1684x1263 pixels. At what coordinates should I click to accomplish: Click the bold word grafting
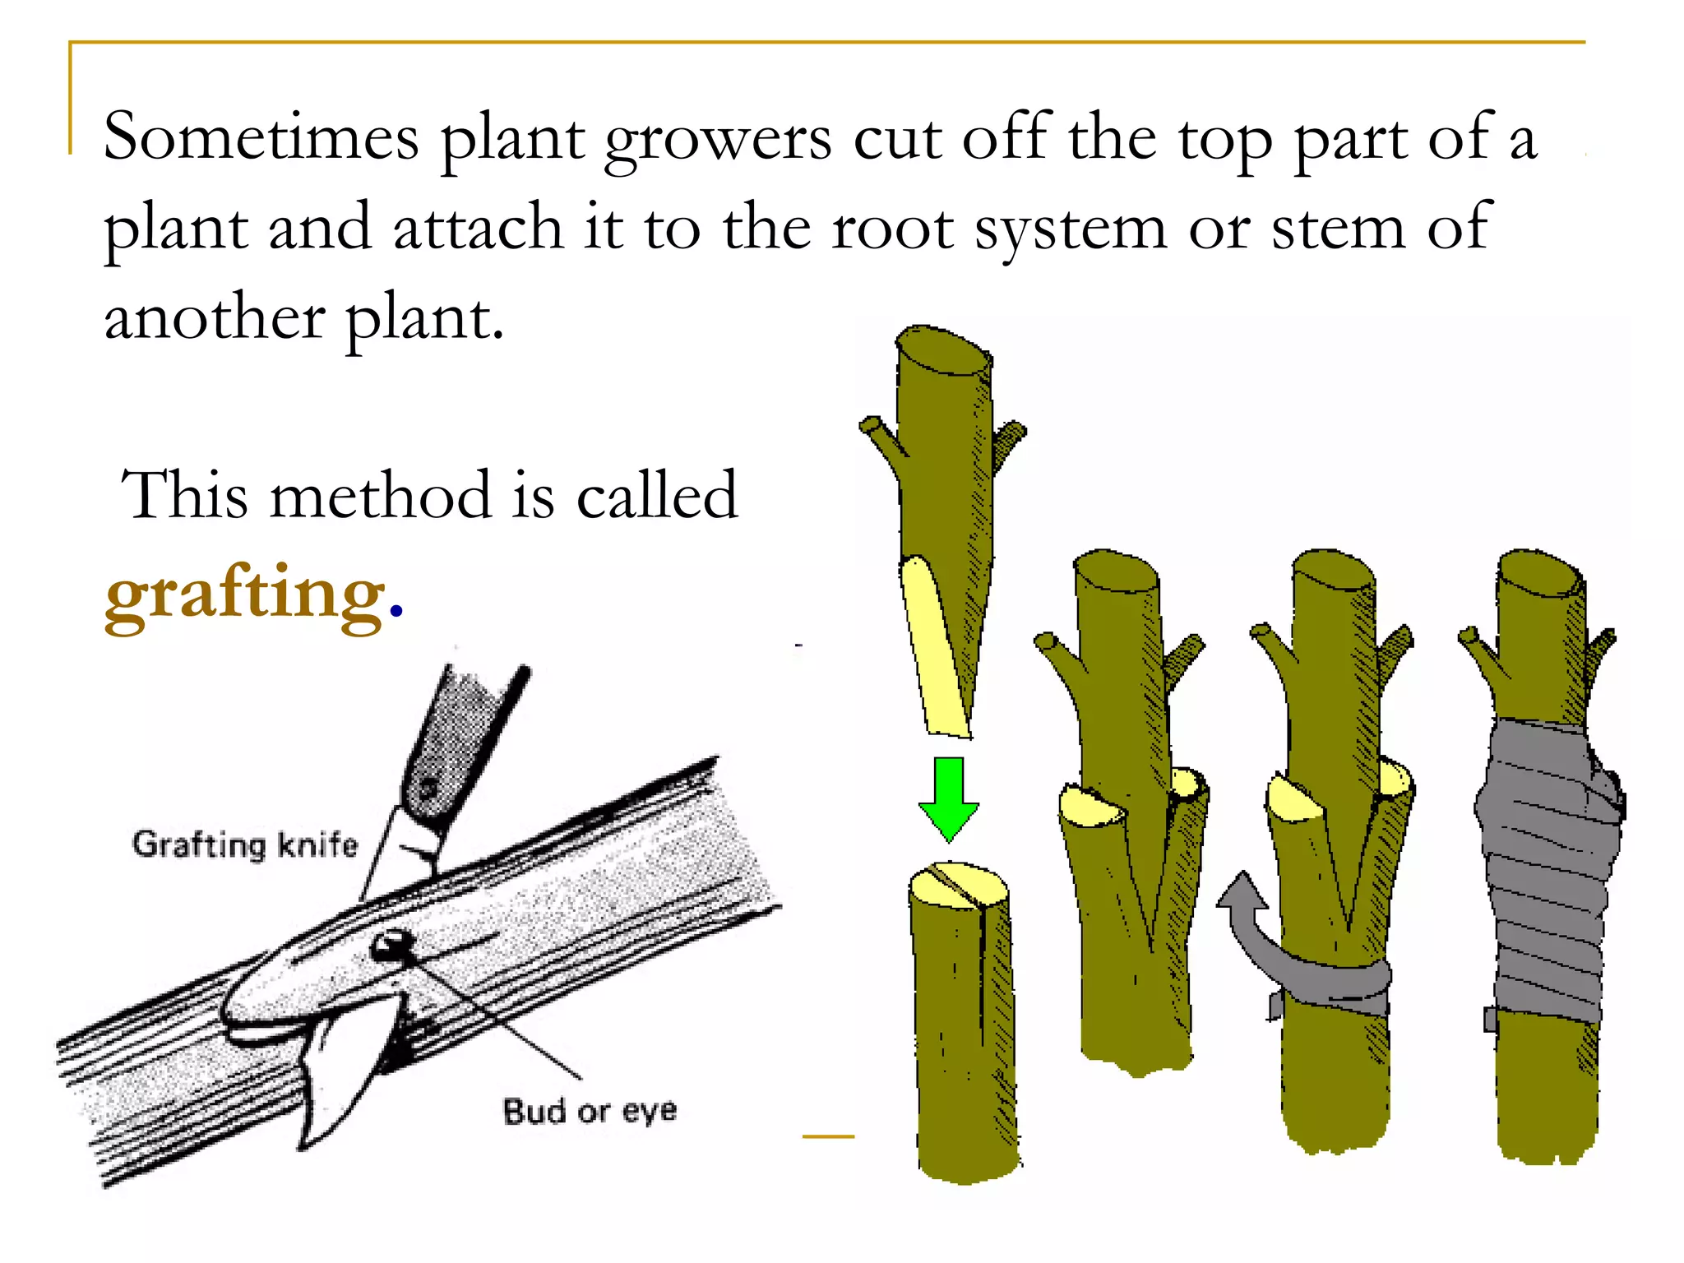244,594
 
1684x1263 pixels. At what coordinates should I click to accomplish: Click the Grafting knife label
244,844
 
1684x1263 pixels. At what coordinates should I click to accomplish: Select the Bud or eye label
590,1111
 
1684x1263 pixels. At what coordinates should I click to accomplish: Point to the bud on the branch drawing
390,946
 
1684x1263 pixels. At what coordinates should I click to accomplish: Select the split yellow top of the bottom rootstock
958,885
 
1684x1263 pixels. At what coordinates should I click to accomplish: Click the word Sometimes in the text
261,137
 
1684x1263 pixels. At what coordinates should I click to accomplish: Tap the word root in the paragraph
891,228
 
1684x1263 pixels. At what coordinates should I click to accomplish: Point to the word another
214,318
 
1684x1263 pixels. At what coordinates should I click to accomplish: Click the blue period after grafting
396,611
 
